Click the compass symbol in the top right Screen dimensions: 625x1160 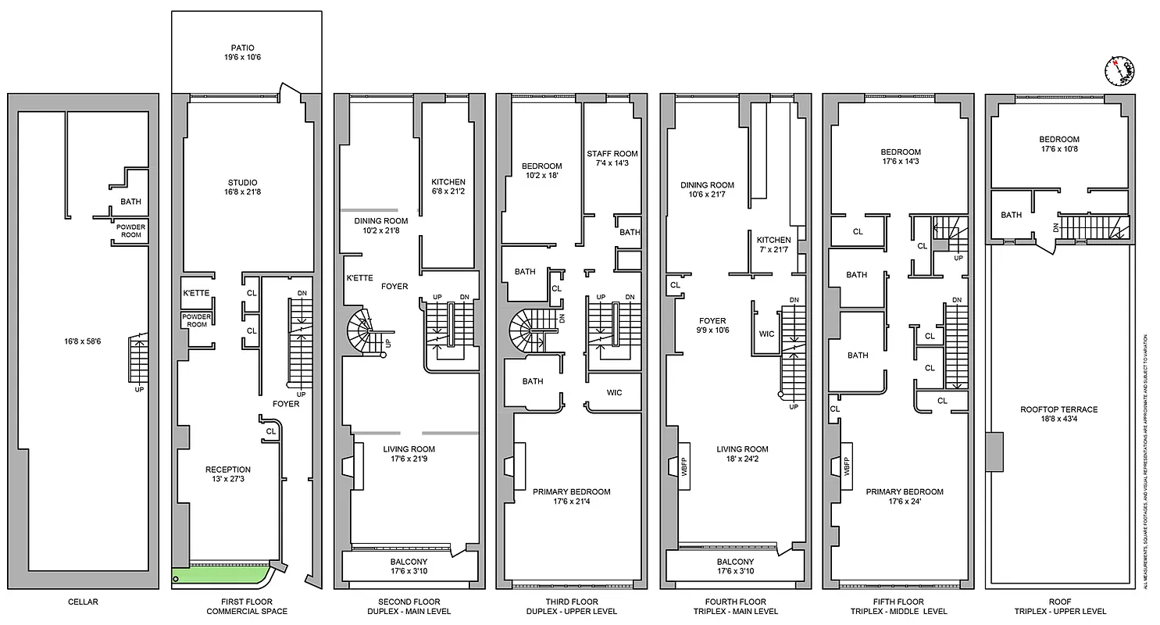click(1119, 70)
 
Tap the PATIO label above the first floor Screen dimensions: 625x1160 click(242, 48)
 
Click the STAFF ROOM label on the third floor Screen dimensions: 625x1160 click(612, 154)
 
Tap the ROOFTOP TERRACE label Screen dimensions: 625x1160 click(1058, 409)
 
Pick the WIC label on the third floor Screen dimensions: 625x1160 click(614, 392)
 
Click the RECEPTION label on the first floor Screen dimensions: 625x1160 click(227, 470)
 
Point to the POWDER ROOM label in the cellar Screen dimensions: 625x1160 click(130, 230)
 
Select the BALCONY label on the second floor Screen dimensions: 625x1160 click(408, 562)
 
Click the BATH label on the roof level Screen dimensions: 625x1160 click(1012, 215)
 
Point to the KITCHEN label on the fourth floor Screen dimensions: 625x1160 click(773, 240)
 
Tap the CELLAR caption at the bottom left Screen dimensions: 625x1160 click(83, 602)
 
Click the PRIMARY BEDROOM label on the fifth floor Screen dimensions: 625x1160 click(904, 492)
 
